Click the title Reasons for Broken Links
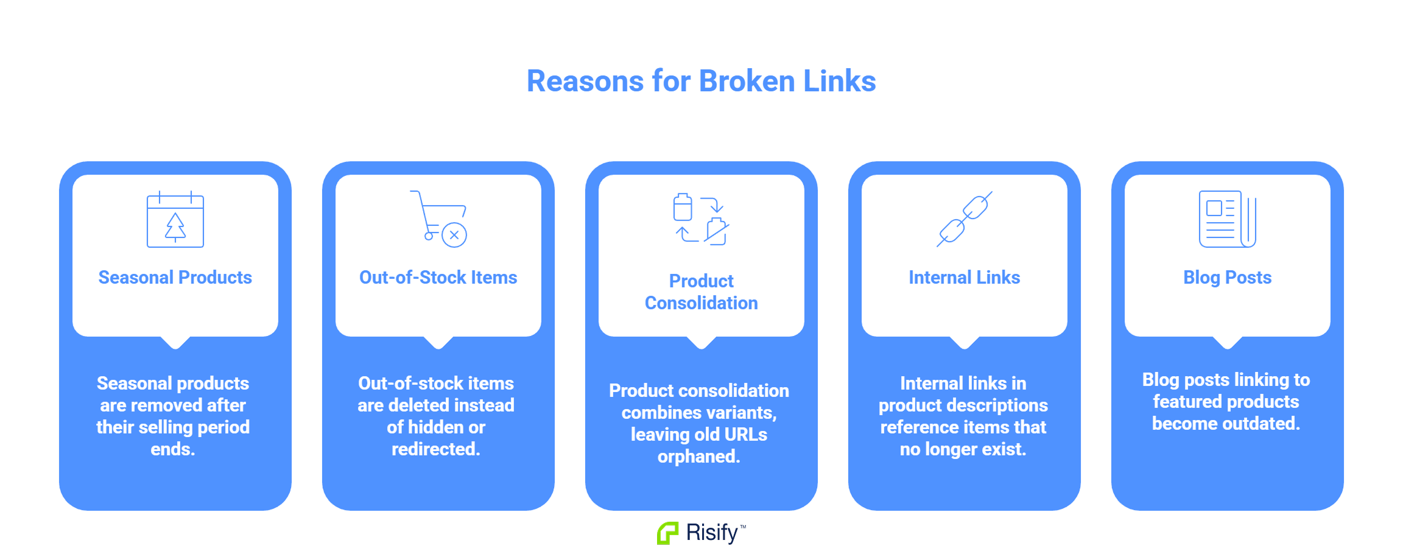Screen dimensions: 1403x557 coord(701,81)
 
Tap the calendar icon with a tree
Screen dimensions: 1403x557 coord(175,219)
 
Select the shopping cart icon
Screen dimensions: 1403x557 coord(438,219)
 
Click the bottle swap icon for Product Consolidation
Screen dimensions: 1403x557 coord(701,219)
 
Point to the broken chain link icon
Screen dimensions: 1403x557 coord(965,219)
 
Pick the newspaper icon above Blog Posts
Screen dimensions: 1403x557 coord(1228,219)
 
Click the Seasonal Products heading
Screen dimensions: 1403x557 coord(175,278)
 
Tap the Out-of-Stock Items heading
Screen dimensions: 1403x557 coord(438,278)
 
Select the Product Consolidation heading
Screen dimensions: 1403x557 coord(701,292)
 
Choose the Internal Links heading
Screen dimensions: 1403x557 coord(965,278)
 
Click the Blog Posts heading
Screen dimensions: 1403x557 coord(1228,278)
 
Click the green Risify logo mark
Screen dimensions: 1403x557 coord(667,533)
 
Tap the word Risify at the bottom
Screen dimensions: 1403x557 coord(712,533)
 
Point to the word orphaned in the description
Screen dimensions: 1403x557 coord(698,457)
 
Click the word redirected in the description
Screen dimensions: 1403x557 coord(435,449)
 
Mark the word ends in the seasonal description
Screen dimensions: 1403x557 coord(173,449)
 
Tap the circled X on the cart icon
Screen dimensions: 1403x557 coord(454,235)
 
